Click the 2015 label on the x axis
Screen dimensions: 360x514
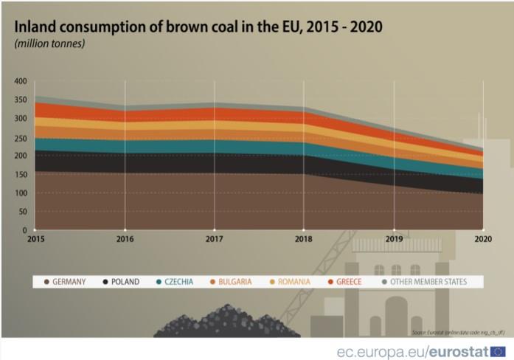pyautogui.click(x=35, y=239)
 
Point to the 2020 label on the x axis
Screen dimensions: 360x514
pyautogui.click(x=483, y=239)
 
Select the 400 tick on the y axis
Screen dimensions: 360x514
pyautogui.click(x=20, y=81)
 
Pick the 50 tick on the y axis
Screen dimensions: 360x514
pyautogui.click(x=22, y=212)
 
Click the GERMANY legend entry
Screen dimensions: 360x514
pyautogui.click(x=69, y=282)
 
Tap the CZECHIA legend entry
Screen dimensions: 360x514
pyautogui.click(x=181, y=282)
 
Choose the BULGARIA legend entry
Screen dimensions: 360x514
pyautogui.click(x=235, y=282)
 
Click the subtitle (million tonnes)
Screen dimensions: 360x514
pyautogui.click(x=49, y=44)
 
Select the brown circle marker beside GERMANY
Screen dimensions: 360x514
pyautogui.click(x=46, y=282)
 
